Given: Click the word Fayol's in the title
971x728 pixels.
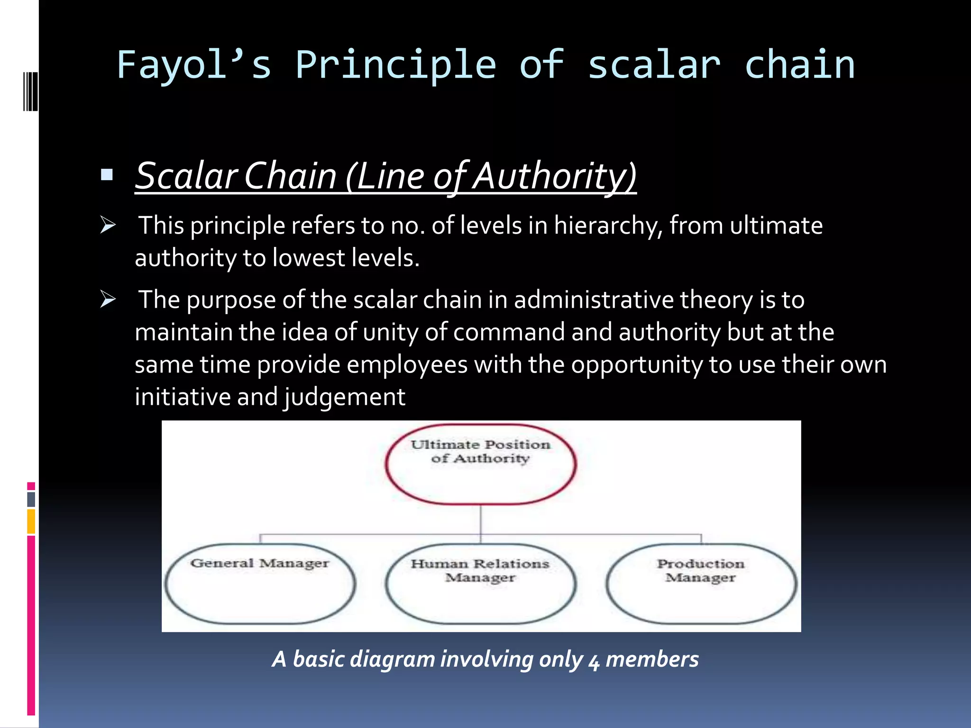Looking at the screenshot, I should pos(193,65).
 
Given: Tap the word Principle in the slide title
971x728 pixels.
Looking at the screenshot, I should pos(395,65).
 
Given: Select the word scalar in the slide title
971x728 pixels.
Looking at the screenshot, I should pos(654,65).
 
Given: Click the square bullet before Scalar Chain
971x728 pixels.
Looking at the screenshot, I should pos(107,175).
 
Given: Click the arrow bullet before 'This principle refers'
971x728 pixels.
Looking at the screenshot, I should pos(108,225).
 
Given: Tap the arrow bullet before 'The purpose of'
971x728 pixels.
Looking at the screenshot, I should pos(108,299).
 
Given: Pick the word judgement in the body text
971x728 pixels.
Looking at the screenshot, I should pos(345,397).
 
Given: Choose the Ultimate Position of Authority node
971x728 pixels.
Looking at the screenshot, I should pos(481,464).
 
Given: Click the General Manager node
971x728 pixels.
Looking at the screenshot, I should pos(260,584).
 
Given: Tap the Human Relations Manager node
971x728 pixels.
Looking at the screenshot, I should pos(480,584).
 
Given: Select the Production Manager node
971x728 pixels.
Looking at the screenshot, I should pos(701,584).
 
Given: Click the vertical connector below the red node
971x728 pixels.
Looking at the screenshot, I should pos(481,519).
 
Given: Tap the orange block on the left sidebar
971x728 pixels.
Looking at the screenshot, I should pos(31,521).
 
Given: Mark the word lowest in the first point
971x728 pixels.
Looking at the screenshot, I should pos(309,258).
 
